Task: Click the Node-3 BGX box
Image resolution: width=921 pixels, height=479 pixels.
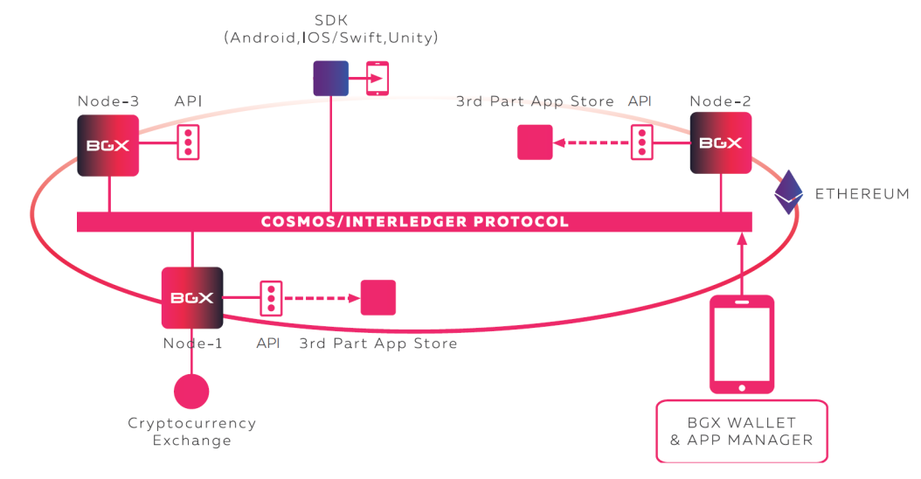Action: pos(108,145)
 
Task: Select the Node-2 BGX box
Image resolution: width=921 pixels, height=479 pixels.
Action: pos(721,143)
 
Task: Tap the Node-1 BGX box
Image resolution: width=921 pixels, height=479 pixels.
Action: pos(192,298)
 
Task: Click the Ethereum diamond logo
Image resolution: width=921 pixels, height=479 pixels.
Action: pos(789,192)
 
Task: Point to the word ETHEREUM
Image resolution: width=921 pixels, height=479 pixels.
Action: pos(862,194)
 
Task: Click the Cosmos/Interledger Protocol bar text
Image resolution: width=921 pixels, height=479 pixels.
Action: pos(414,222)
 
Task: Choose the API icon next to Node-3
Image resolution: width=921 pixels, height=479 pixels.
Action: pos(188,142)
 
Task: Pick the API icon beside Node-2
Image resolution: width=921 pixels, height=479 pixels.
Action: pos(642,142)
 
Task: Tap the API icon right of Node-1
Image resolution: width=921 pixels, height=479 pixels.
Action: pos(271,298)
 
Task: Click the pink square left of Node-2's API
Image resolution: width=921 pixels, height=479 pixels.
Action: pos(535,142)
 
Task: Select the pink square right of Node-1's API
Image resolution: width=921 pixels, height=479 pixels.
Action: pos(378,297)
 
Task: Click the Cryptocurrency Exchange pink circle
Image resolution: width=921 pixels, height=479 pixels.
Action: pos(191,391)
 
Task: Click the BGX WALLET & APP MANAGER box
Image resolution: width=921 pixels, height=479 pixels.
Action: pos(741,431)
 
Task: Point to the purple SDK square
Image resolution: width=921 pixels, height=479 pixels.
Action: pos(331,78)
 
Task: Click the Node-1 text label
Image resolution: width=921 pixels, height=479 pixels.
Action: pos(192,344)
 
